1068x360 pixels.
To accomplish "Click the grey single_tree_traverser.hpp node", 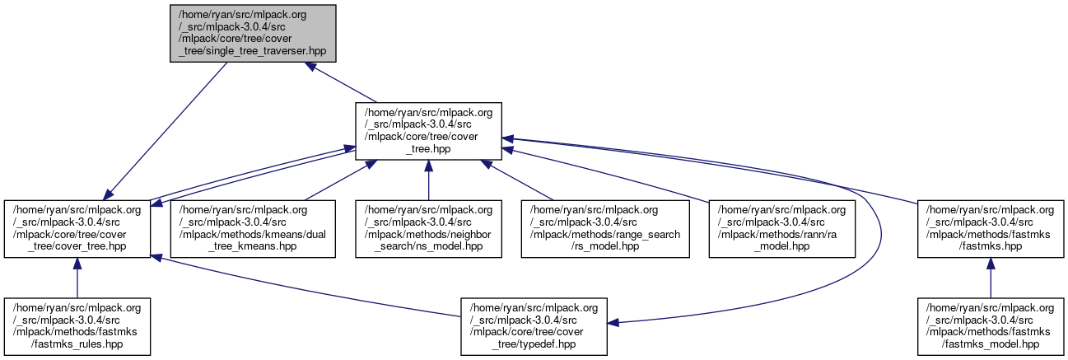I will click(254, 32).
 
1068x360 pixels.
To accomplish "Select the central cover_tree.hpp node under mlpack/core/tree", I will click(428, 130).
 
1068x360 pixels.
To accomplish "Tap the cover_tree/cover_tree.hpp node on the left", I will click(77, 227).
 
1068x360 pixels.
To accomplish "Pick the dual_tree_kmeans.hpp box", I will click(253, 227).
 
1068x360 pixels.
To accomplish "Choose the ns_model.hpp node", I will click(428, 227).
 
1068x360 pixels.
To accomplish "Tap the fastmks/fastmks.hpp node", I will click(990, 227).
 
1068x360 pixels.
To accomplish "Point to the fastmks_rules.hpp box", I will click(77, 325).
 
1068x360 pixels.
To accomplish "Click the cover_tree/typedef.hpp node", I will click(534, 325).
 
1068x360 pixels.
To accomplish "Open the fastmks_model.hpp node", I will click(990, 325).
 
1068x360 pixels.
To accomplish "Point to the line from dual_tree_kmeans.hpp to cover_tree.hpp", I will click(338, 180).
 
